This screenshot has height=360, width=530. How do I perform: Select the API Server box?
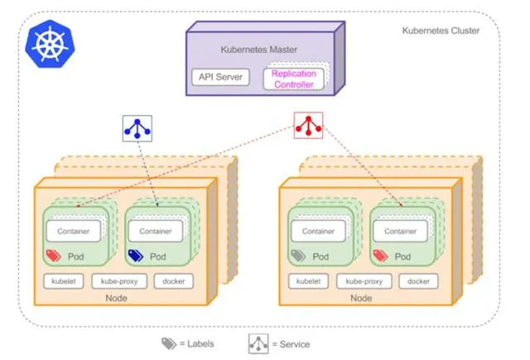(x=219, y=77)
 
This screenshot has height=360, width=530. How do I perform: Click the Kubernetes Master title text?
(x=259, y=50)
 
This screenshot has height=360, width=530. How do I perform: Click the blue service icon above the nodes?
(x=135, y=127)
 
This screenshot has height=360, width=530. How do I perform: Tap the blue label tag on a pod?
(x=135, y=254)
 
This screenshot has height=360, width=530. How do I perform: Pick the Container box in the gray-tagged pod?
(x=318, y=231)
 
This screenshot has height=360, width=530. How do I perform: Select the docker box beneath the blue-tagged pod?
(x=173, y=281)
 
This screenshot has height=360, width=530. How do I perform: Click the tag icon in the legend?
(x=168, y=342)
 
